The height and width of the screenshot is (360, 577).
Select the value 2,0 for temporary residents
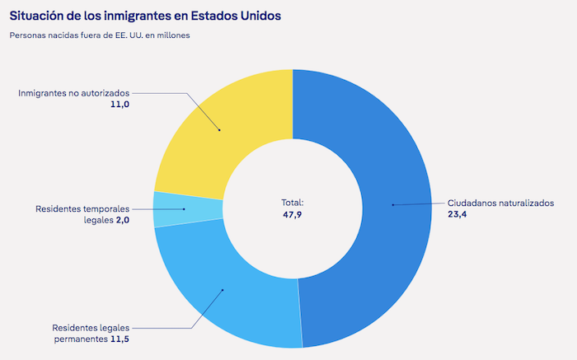coord(122,221)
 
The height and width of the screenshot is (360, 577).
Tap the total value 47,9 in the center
coord(292,214)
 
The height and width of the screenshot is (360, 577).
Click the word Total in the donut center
coord(292,202)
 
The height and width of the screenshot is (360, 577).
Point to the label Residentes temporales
coord(82,209)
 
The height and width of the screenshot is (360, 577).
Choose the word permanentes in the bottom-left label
coord(79,338)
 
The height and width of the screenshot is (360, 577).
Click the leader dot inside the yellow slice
coord(220,129)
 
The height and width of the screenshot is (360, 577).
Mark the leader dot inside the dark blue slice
coord(392,204)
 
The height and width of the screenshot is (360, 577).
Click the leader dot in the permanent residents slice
coord(223,289)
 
